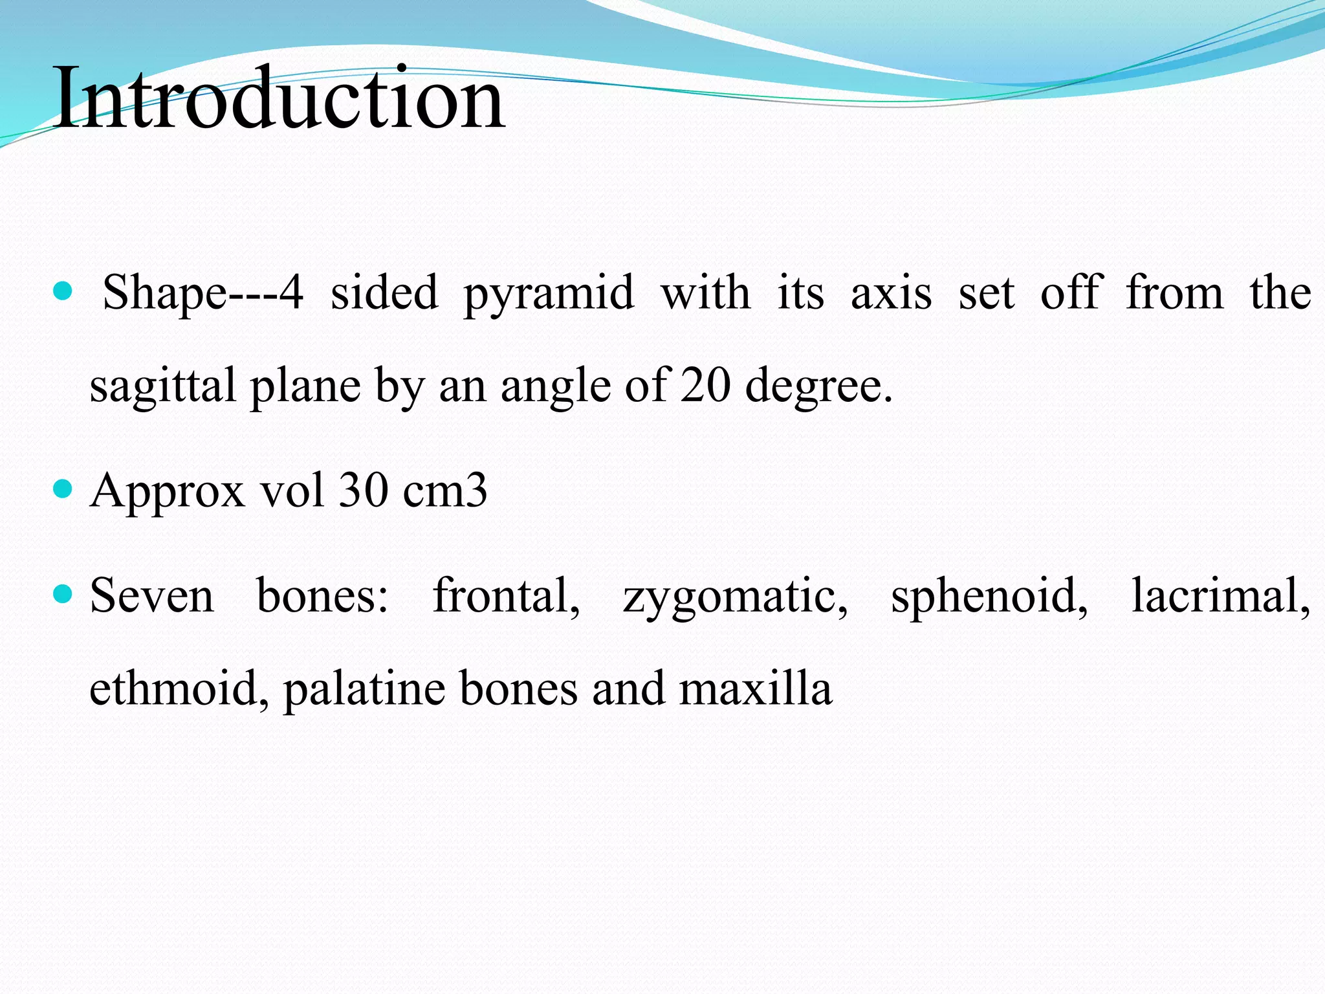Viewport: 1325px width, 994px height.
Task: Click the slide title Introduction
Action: point(279,98)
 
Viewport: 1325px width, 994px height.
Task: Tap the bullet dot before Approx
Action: point(63,489)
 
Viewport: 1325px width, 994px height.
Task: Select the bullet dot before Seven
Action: point(63,593)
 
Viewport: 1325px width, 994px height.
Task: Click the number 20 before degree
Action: point(706,386)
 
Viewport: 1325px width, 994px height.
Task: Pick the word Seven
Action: point(151,595)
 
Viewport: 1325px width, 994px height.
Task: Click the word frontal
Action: point(506,595)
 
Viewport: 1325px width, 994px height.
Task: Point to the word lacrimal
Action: point(1220,595)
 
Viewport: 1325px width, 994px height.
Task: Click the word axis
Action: point(891,293)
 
